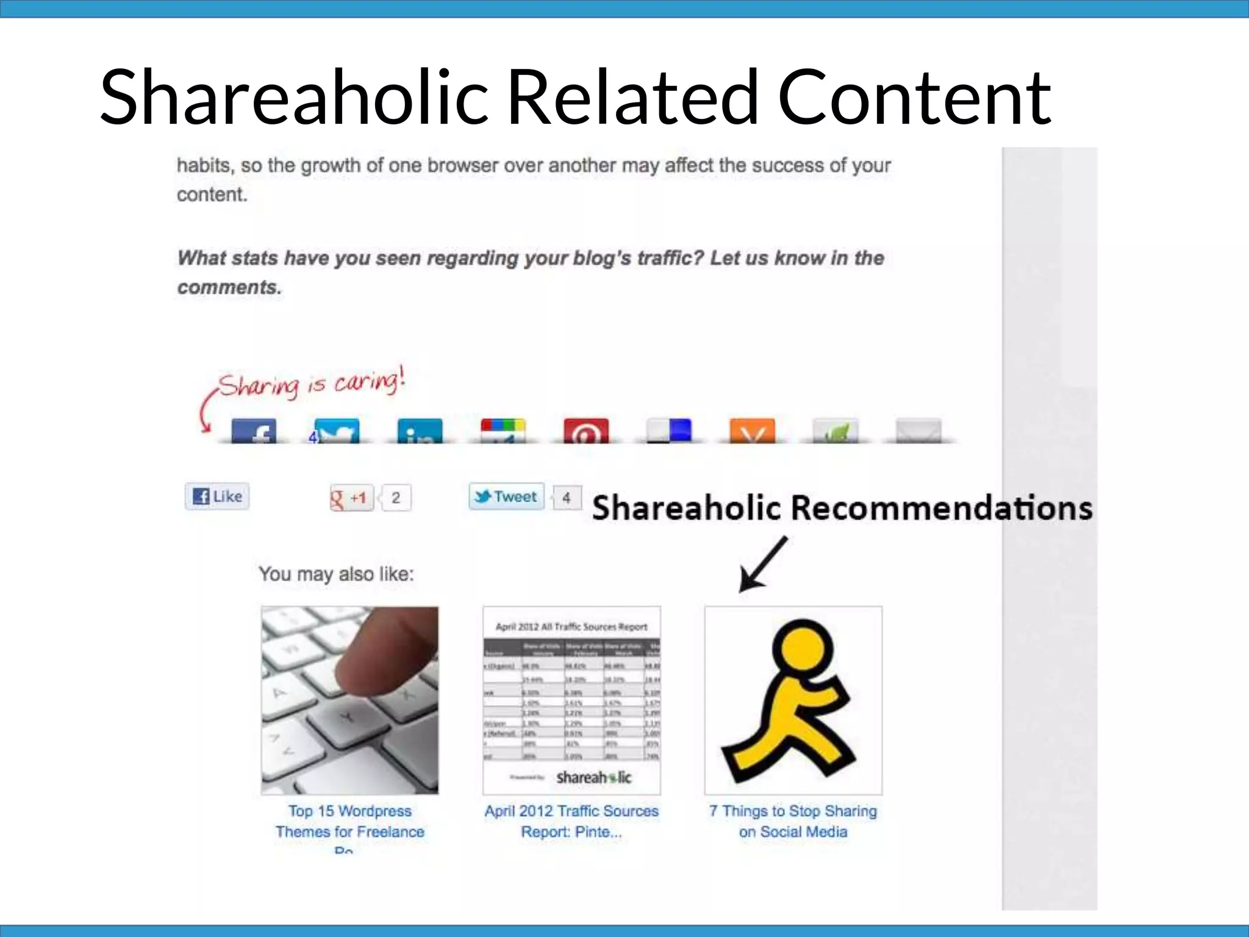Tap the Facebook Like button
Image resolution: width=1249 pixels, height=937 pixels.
pos(218,497)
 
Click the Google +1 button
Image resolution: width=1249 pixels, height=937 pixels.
pos(351,498)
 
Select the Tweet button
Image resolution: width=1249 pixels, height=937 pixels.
pos(506,497)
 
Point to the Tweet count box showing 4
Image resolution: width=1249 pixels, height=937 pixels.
pos(567,498)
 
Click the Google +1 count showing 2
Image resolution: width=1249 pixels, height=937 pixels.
pos(396,498)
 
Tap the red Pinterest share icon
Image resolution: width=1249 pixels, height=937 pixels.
pos(585,431)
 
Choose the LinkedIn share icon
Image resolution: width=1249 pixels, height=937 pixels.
pos(420,431)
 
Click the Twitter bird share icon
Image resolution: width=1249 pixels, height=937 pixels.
pos(337,431)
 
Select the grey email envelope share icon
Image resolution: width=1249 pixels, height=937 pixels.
pos(918,431)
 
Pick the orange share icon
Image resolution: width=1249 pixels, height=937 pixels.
pos(752,431)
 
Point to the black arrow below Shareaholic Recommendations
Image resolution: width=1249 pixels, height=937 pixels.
pos(762,564)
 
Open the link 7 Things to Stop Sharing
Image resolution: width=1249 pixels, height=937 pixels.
pos(793,821)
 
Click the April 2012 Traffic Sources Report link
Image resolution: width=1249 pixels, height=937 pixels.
pos(571,821)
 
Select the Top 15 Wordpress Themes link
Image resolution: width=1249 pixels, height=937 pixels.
pos(349,821)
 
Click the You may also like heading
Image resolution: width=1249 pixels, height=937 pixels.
pos(336,574)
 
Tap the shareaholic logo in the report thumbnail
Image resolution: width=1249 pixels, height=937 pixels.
pos(593,777)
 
